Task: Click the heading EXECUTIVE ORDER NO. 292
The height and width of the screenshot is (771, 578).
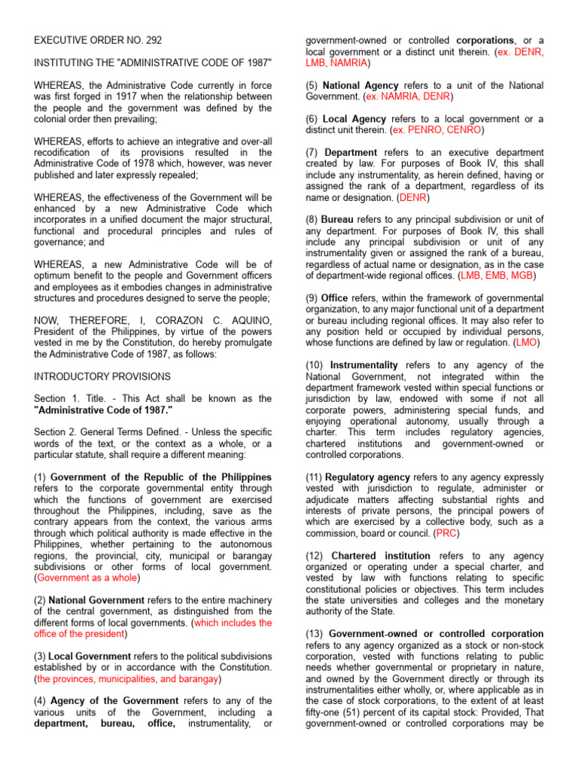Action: point(98,40)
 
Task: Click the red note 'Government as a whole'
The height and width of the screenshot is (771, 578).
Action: point(87,577)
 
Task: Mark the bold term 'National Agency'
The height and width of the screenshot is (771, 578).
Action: point(361,86)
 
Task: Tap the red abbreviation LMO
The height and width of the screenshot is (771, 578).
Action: point(527,343)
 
